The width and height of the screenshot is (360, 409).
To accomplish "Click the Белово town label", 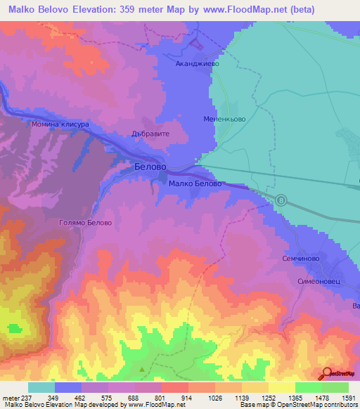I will coord(150,167).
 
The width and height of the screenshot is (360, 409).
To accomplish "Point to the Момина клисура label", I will coord(60,124).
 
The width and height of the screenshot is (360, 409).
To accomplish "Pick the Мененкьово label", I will coord(224,119).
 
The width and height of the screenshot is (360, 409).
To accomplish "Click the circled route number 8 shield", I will coord(282,200).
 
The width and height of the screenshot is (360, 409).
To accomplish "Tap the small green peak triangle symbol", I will coord(143,369).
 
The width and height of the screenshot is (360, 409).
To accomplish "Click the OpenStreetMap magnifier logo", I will coord(326,373).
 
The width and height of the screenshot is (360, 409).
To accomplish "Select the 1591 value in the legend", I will coord(348,397).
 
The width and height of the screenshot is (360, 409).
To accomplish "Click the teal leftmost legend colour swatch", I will coord(41,387).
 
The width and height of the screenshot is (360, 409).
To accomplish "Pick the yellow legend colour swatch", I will coord(281,387).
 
